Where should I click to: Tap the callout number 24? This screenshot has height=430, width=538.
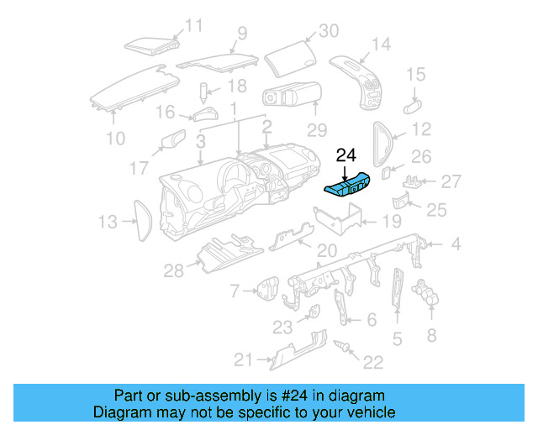346,155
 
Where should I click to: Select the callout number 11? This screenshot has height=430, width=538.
194,25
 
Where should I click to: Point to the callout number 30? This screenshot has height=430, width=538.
328,31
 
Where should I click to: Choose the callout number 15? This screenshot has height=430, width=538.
416,76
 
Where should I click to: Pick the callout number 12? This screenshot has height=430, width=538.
421,129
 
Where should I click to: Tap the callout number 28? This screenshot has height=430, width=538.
173,270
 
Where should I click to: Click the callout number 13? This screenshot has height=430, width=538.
107,222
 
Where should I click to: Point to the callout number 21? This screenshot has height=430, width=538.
243,360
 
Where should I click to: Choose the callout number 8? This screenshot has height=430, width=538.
432,335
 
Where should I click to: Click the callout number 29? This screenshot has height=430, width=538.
316,130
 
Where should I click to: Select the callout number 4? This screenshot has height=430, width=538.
456,245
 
